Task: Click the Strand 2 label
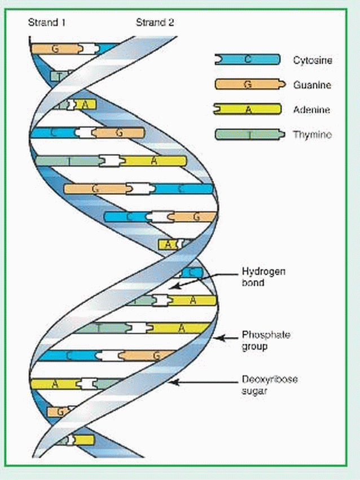click(155, 23)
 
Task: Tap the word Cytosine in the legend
click(312, 60)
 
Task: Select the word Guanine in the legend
click(311, 85)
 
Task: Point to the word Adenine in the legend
click(311, 110)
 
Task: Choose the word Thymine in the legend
click(312, 134)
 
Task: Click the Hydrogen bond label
click(264, 276)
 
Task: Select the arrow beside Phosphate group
click(229, 338)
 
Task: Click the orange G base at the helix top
click(54, 49)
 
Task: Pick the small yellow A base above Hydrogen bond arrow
click(168, 244)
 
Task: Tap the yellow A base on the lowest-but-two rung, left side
click(54, 384)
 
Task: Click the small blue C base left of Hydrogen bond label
click(194, 272)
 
